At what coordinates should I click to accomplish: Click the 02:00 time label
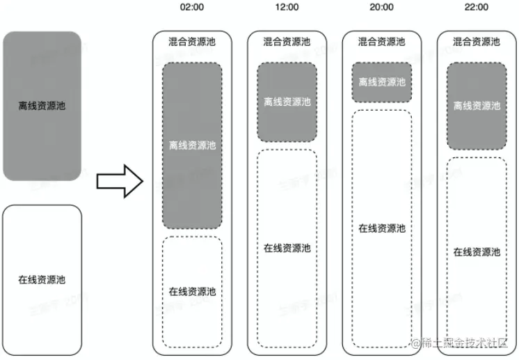pyautogui.click(x=192, y=8)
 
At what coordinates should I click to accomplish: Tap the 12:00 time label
pyautogui.click(x=287, y=8)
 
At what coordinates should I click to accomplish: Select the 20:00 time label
pyautogui.click(x=381, y=8)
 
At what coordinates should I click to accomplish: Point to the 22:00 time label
pyautogui.click(x=477, y=8)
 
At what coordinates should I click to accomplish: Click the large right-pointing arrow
pyautogui.click(x=119, y=182)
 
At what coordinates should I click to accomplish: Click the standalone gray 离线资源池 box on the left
pyautogui.click(x=42, y=106)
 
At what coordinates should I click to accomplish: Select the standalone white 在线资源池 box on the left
pyautogui.click(x=42, y=279)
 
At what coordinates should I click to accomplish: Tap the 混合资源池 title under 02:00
pyautogui.click(x=192, y=42)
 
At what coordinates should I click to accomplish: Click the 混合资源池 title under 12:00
pyautogui.click(x=287, y=42)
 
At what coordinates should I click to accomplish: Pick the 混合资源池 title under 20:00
pyautogui.click(x=381, y=42)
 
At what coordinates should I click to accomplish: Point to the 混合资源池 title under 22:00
pyautogui.click(x=477, y=42)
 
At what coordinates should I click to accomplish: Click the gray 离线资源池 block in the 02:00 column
pyautogui.click(x=192, y=146)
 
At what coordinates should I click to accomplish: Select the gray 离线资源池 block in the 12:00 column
pyautogui.click(x=287, y=102)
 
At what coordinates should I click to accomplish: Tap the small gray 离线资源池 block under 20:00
pyautogui.click(x=381, y=82)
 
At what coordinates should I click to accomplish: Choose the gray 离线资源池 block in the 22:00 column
pyautogui.click(x=477, y=106)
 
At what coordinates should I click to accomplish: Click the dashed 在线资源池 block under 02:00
pyautogui.click(x=192, y=291)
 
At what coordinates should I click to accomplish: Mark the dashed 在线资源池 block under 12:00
pyautogui.click(x=287, y=248)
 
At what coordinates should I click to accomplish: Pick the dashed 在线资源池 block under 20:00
pyautogui.click(x=381, y=228)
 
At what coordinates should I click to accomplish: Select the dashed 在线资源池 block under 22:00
pyautogui.click(x=477, y=251)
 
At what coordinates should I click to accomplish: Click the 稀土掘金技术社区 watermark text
pyautogui.click(x=467, y=343)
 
